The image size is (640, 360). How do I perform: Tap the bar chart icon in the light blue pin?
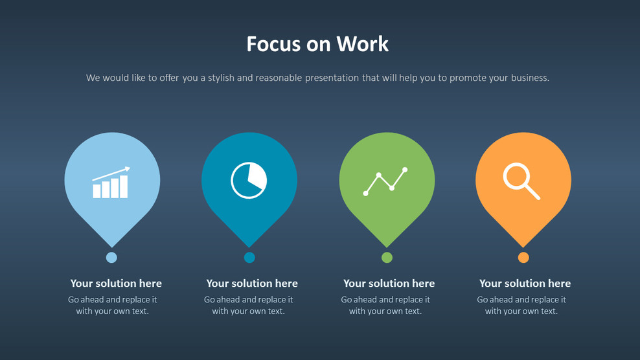111,183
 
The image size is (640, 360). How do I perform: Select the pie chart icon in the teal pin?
249,180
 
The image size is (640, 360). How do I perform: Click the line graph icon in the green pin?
385,181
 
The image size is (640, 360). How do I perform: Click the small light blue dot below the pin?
111,258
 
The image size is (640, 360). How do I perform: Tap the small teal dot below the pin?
249,258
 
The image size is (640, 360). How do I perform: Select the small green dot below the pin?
387,258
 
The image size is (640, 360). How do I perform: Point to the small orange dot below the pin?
523,258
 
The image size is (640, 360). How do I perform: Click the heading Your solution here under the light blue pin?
116,283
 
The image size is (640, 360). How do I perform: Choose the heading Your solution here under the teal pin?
252,283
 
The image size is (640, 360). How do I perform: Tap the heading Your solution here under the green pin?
389,283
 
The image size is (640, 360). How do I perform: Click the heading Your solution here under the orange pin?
525,283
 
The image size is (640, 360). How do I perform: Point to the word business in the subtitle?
530,78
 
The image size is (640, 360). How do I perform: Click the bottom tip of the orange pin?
523,245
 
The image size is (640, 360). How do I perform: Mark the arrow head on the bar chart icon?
127,170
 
